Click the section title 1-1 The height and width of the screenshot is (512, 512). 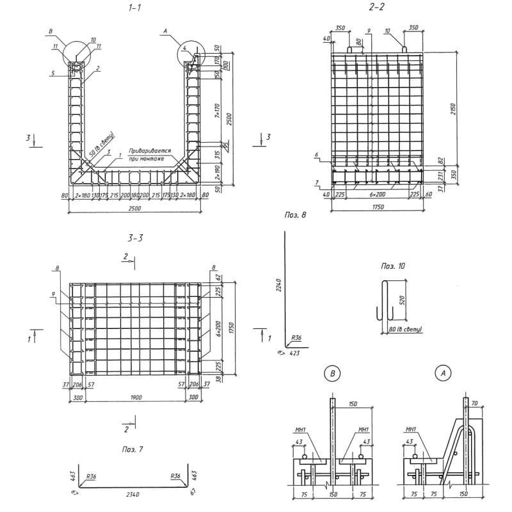[134, 8]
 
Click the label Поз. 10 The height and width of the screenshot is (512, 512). [394, 264]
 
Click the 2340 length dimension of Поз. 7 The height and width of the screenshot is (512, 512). [134, 494]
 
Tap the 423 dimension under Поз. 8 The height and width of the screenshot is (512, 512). [294, 352]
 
